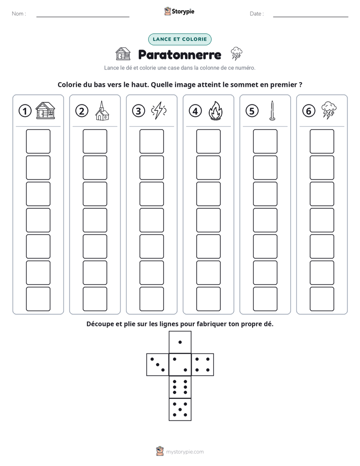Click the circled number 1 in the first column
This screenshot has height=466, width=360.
click(x=25, y=111)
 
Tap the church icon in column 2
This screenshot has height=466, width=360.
click(x=102, y=110)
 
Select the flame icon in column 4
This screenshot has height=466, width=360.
click(x=216, y=110)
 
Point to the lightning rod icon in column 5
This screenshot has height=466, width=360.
click(x=272, y=110)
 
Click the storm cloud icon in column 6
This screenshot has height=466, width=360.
click(x=329, y=110)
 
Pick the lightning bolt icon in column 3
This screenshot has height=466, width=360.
click(x=159, y=110)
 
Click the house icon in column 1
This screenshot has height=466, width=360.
click(x=45, y=110)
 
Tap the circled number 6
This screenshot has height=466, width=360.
click(x=309, y=111)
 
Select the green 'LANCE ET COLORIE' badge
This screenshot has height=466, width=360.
click(x=179, y=39)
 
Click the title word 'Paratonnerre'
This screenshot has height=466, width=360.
click(x=179, y=54)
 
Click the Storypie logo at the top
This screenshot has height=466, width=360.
click(x=179, y=11)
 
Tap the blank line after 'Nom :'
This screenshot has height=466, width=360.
click(x=83, y=17)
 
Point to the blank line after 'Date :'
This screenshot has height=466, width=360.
click(x=311, y=17)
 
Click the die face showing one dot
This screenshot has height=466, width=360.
click(x=180, y=342)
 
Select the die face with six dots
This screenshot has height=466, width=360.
click(x=180, y=387)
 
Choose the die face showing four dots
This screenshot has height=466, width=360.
click(x=203, y=365)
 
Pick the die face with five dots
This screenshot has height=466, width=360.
click(x=180, y=410)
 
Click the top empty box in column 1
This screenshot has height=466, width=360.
click(x=38, y=141)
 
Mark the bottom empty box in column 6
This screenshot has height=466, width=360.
click(x=322, y=299)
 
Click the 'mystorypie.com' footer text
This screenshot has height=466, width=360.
click(x=185, y=452)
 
